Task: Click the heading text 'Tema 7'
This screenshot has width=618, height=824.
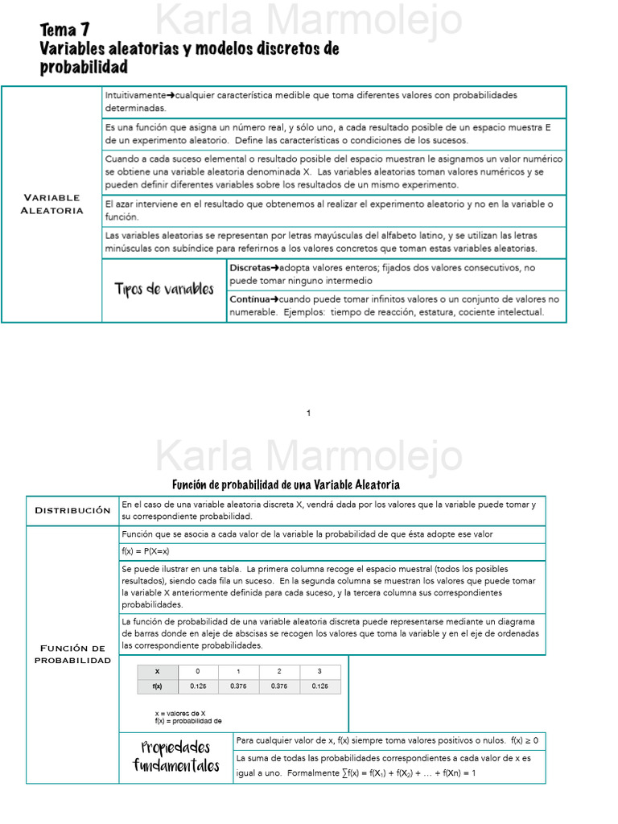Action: coord(64,31)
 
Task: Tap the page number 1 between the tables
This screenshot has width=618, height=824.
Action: coord(309,414)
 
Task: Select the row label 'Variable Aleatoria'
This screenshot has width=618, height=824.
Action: coord(51,204)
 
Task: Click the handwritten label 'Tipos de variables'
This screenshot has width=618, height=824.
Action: coord(164,290)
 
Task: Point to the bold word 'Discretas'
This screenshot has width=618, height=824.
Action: coord(249,267)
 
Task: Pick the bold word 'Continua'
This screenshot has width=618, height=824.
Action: coord(249,299)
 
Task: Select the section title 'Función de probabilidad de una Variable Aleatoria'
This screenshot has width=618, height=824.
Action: coord(286,484)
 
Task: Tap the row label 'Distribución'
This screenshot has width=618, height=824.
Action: coord(72,510)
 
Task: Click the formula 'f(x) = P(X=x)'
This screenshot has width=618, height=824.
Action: coord(146,551)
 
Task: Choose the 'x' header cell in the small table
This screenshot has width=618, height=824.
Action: coord(157,671)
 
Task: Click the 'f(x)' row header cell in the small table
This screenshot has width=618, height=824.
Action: coord(157,686)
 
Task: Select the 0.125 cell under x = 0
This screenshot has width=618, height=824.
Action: coord(198,686)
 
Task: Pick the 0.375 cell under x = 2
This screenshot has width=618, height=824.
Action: coord(279,686)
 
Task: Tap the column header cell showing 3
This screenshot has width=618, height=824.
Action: coord(319,671)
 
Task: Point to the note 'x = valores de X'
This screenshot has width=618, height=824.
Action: coord(180,713)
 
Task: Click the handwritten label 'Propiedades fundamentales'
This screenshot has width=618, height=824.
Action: coord(176,757)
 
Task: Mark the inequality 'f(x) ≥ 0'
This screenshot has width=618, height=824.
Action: coord(524,740)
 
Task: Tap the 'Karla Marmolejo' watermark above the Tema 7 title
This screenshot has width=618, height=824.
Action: coord(308,20)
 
